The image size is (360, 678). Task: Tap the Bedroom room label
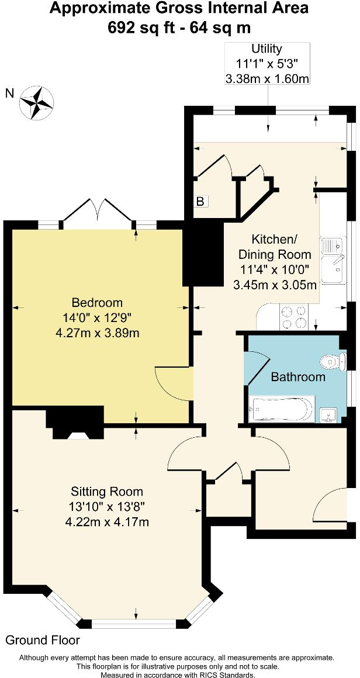(x=97, y=302)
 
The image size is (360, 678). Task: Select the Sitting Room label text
(x=107, y=491)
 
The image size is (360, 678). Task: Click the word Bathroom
(x=298, y=377)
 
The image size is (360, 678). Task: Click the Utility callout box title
(x=266, y=49)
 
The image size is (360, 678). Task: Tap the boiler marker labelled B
(x=200, y=202)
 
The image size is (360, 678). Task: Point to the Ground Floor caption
(x=43, y=641)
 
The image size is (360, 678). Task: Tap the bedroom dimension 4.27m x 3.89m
(x=97, y=333)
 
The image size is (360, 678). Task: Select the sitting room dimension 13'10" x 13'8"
(x=107, y=506)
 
